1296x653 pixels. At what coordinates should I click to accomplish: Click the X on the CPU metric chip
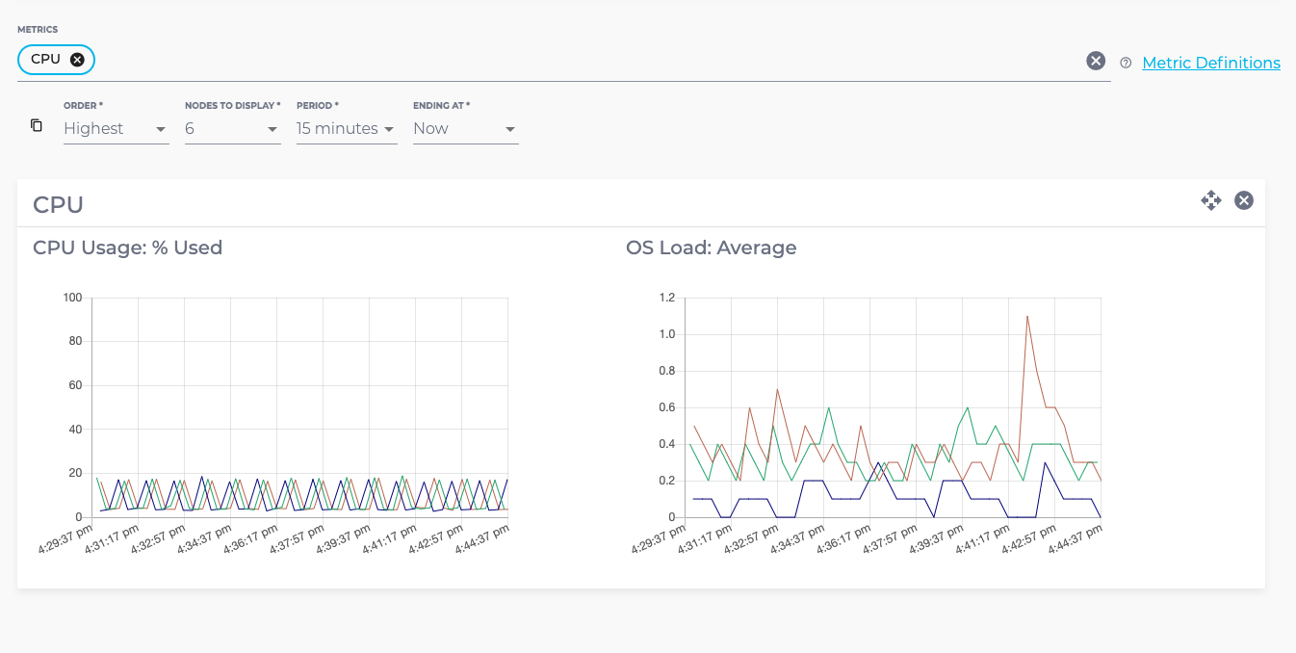pos(77,60)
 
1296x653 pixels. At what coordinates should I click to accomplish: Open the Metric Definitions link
pos(1210,63)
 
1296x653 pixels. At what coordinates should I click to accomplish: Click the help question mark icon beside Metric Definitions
pos(1126,63)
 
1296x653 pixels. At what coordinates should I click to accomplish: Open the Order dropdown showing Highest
pos(116,128)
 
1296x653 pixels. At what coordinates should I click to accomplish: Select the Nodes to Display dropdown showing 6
pos(232,128)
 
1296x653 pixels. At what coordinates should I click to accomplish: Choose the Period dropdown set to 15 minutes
pos(346,128)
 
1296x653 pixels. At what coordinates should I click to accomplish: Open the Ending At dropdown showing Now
pos(465,128)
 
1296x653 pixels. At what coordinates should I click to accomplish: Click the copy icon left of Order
pos(37,125)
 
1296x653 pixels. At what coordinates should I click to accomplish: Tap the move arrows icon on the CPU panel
pos(1210,200)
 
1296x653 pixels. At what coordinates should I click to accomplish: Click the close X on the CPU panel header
pos(1244,200)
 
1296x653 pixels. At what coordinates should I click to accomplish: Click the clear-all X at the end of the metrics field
pos(1096,61)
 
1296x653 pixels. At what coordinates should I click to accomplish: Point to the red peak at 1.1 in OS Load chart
pos(1027,316)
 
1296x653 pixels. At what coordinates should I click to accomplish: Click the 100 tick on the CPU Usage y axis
pos(71,298)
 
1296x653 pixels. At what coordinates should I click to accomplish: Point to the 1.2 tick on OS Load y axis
pos(666,298)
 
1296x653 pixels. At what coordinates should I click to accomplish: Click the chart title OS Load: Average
pos(711,248)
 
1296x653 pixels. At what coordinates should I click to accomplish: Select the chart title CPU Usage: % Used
pos(127,248)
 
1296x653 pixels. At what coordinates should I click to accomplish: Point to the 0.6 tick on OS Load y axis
pos(666,407)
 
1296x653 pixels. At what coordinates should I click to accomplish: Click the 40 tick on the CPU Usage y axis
pos(74,430)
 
